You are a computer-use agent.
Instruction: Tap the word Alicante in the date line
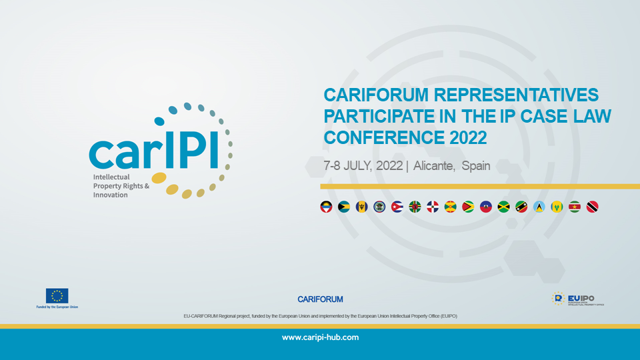tap(433, 166)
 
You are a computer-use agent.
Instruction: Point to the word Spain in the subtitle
tap(475, 166)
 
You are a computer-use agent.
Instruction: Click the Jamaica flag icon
tap(503, 207)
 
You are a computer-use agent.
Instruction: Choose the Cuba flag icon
tap(397, 207)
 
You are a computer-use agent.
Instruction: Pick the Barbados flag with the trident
tap(361, 207)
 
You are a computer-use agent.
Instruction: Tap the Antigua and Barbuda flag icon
tap(326, 207)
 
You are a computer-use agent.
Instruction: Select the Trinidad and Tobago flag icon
tap(592, 207)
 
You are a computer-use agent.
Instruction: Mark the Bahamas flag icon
tap(344, 207)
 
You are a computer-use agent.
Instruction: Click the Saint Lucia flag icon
tap(539, 207)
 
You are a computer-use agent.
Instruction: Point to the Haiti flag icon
tap(485, 207)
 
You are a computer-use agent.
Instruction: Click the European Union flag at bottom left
tap(57, 296)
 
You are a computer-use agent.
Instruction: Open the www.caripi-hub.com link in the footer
tap(320, 337)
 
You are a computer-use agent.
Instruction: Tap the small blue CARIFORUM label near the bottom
tap(320, 299)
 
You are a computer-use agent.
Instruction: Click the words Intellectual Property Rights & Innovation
tap(117, 186)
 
